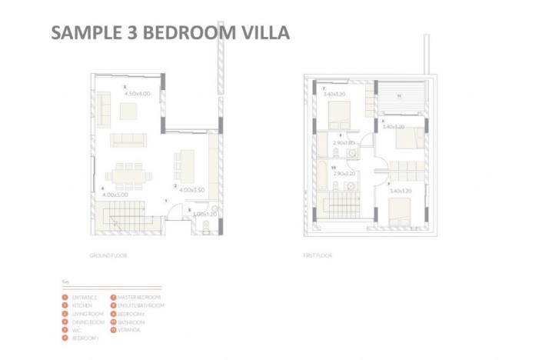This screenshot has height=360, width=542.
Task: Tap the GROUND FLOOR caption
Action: click(x=108, y=255)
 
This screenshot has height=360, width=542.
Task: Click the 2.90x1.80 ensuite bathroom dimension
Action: click(x=344, y=143)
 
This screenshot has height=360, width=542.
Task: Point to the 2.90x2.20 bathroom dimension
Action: click(x=344, y=174)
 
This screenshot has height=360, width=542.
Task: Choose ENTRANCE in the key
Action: click(x=83, y=297)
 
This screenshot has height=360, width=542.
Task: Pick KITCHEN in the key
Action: click(x=81, y=305)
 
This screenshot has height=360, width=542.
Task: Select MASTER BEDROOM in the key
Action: click(x=138, y=297)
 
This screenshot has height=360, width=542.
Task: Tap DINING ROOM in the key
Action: click(x=86, y=322)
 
